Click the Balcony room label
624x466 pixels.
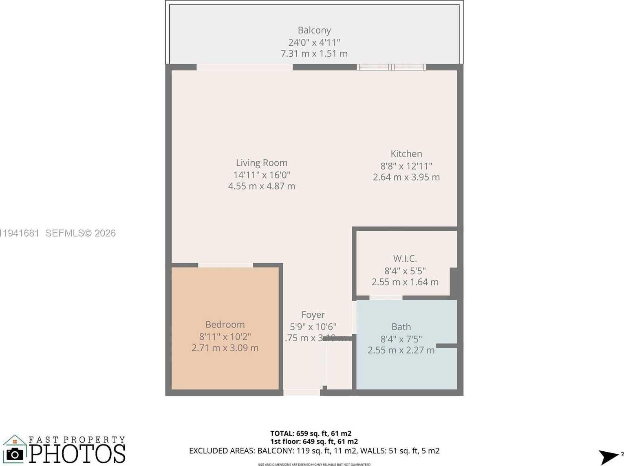pyautogui.click(x=314, y=30)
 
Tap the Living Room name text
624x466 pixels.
pyautogui.click(x=262, y=163)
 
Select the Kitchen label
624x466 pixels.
pyautogui.click(x=406, y=154)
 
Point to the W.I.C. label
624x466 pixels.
pyautogui.click(x=405, y=258)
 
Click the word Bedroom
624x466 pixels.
pyautogui.click(x=225, y=325)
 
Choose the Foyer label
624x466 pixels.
pyautogui.click(x=313, y=315)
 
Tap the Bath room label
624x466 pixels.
pyautogui.click(x=401, y=327)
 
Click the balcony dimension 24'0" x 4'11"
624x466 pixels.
pyautogui.click(x=314, y=42)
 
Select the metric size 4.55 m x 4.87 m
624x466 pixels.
pyautogui.click(x=262, y=186)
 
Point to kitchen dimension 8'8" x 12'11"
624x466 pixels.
pyautogui.click(x=406, y=166)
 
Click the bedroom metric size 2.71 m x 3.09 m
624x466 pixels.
pyautogui.click(x=225, y=348)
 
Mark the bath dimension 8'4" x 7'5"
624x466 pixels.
pyautogui.click(x=401, y=339)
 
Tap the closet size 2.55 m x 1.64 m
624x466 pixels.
pyautogui.click(x=405, y=282)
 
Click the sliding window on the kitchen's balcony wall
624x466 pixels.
pyautogui.click(x=391, y=67)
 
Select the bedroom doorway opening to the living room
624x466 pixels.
pyautogui.click(x=225, y=265)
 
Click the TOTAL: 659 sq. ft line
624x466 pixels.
pyautogui.click(x=311, y=433)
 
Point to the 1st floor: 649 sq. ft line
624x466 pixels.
pyautogui.click(x=314, y=442)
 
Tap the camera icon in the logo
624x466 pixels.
pyautogui.click(x=15, y=454)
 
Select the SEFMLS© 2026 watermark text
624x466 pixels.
pyautogui.click(x=80, y=233)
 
